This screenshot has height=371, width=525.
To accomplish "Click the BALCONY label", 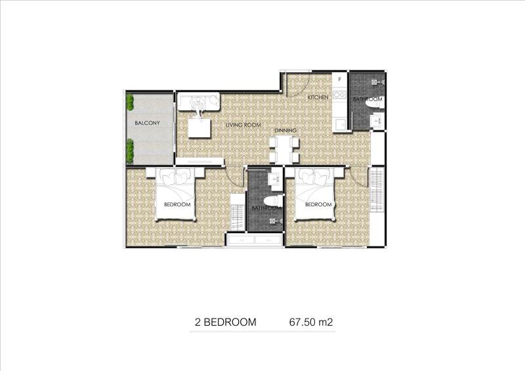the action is pos(147,123).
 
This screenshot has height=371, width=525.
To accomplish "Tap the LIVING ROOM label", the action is pos(243,125).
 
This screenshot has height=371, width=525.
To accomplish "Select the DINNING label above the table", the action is pos(285,131).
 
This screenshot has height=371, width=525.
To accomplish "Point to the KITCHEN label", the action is pos(318,97).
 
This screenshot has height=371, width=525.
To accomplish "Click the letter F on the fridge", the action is pos(339,79).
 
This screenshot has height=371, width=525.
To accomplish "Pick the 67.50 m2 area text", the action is pos(311,322).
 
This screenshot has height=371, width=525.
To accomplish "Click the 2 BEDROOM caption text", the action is pos(226,322).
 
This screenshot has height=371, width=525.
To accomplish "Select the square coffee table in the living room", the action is pos(199,128).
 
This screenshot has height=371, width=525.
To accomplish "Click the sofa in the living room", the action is pos(198,101).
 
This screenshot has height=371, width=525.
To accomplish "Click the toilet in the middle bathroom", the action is pos(273,201).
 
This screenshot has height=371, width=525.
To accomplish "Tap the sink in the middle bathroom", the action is pos(275,179).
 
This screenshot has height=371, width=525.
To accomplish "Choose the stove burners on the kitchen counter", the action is pos(339,95).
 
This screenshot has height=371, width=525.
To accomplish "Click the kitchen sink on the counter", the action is pos(340,124).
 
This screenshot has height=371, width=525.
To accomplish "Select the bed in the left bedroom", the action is pos(175,194).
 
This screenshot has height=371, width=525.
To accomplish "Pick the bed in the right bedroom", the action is pos(315,194).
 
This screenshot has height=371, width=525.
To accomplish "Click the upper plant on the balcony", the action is pos(130,102).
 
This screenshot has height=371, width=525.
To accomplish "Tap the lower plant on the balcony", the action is pos(130,151).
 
